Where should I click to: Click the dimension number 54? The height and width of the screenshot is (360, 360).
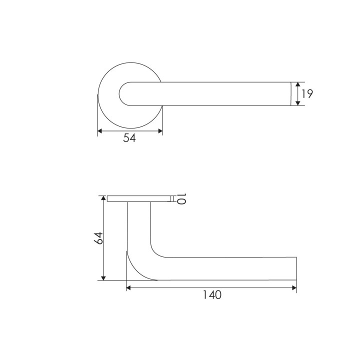tap(129, 138)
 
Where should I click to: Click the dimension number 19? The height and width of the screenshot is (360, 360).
tap(307, 94)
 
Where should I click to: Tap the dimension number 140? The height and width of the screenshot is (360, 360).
tap(212, 295)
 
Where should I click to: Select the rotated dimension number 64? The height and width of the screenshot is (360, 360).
tap(98, 238)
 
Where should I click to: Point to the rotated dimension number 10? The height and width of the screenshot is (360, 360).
tap(181, 199)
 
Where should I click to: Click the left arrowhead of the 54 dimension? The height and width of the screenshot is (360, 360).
tap(100, 131)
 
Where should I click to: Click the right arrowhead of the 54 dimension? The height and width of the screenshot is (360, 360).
tap(160, 131)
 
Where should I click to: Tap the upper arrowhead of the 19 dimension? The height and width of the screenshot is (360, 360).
tap(297, 84)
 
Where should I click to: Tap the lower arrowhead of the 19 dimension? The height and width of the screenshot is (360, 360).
tap(297, 103)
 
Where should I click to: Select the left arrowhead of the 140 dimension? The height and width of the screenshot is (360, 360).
tap(128, 288)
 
